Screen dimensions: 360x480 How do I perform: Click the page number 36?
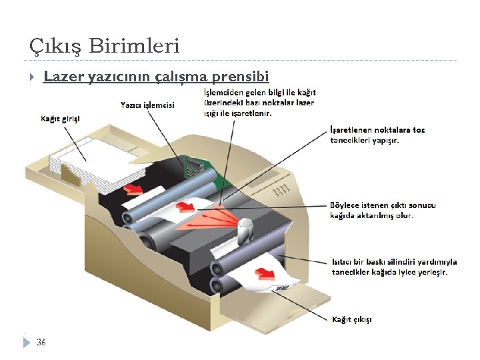click(41, 342)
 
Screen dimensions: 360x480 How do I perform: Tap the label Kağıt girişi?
click(60, 119)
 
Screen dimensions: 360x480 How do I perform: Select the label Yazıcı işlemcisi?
click(147, 105)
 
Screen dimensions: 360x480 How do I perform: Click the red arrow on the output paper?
click(267, 274)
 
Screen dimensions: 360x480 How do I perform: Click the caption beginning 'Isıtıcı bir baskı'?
click(394, 267)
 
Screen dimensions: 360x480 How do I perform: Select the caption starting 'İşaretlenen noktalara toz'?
click(377, 135)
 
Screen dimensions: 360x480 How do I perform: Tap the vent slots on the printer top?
click(281, 189)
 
